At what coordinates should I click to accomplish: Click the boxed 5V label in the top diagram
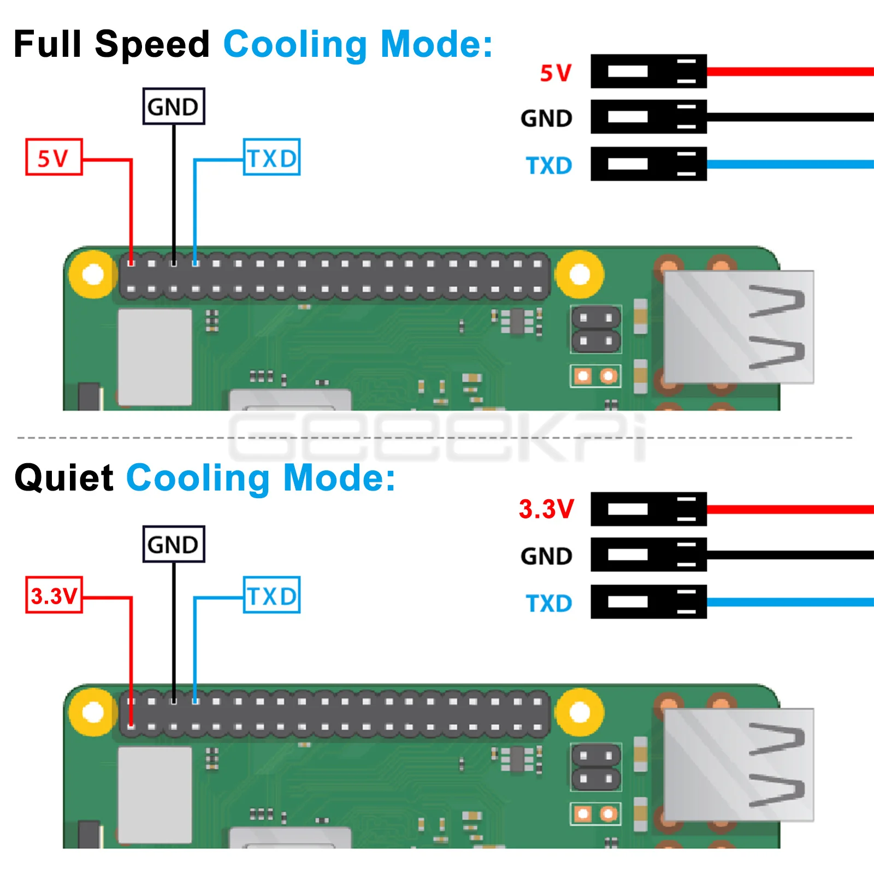[54, 157]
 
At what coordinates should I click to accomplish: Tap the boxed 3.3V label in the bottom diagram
[54, 595]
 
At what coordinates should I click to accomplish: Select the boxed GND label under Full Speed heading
[174, 107]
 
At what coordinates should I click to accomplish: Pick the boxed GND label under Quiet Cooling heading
[174, 544]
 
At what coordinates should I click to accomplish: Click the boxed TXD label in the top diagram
[271, 157]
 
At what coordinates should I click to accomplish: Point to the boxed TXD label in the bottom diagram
[271, 595]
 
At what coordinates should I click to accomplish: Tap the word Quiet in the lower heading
[64, 478]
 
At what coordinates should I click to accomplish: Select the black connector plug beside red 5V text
[648, 71]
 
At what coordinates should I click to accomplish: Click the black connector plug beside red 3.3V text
[648, 509]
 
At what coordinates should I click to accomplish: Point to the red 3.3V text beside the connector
[546, 509]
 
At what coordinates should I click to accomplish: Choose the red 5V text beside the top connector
[556, 73]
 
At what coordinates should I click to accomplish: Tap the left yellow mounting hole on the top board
[93, 274]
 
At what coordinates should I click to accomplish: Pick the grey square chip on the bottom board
[155, 795]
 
